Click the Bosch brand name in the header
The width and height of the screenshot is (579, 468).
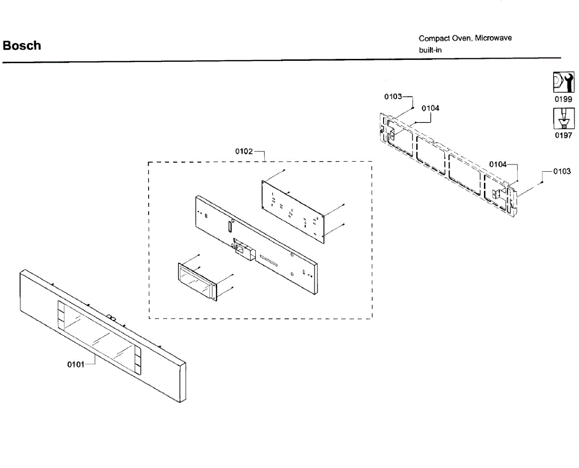pos(22,46)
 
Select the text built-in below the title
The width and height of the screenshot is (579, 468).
pos(430,50)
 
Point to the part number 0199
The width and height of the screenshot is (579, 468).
pos(563,99)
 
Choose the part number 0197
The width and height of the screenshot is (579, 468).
pos(563,136)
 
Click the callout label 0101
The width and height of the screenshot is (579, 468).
pos(76,364)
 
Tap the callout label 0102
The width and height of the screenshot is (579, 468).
pos(244,151)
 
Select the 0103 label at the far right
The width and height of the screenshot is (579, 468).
pos(562,171)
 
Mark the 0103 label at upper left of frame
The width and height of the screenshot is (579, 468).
pos(393,96)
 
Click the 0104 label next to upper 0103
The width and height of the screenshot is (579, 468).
pos(430,109)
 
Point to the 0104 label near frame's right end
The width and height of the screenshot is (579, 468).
pos(498,165)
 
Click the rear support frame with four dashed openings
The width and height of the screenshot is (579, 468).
pos(449,159)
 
